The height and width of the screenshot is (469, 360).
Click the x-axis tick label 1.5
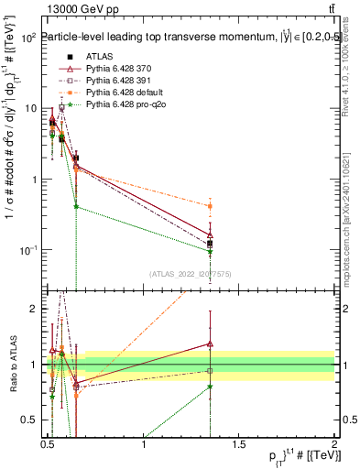(x=240, y=444)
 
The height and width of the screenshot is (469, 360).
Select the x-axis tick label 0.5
(x=49, y=444)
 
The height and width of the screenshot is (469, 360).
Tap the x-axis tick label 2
(x=334, y=444)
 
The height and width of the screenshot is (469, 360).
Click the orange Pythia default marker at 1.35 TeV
(x=211, y=206)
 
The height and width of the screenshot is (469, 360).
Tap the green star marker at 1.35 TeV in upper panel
(x=211, y=252)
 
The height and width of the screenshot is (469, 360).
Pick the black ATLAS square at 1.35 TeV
(x=211, y=244)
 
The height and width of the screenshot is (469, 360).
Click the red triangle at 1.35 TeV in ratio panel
(x=211, y=344)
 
